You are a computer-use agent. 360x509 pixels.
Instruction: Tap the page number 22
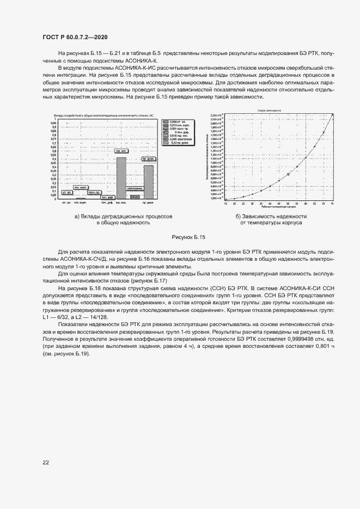(46, 462)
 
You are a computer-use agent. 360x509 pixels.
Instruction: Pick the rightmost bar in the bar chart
(148, 182)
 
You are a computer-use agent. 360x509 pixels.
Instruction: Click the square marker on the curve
(288, 175)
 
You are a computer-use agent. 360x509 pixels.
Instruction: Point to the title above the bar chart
(103, 116)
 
